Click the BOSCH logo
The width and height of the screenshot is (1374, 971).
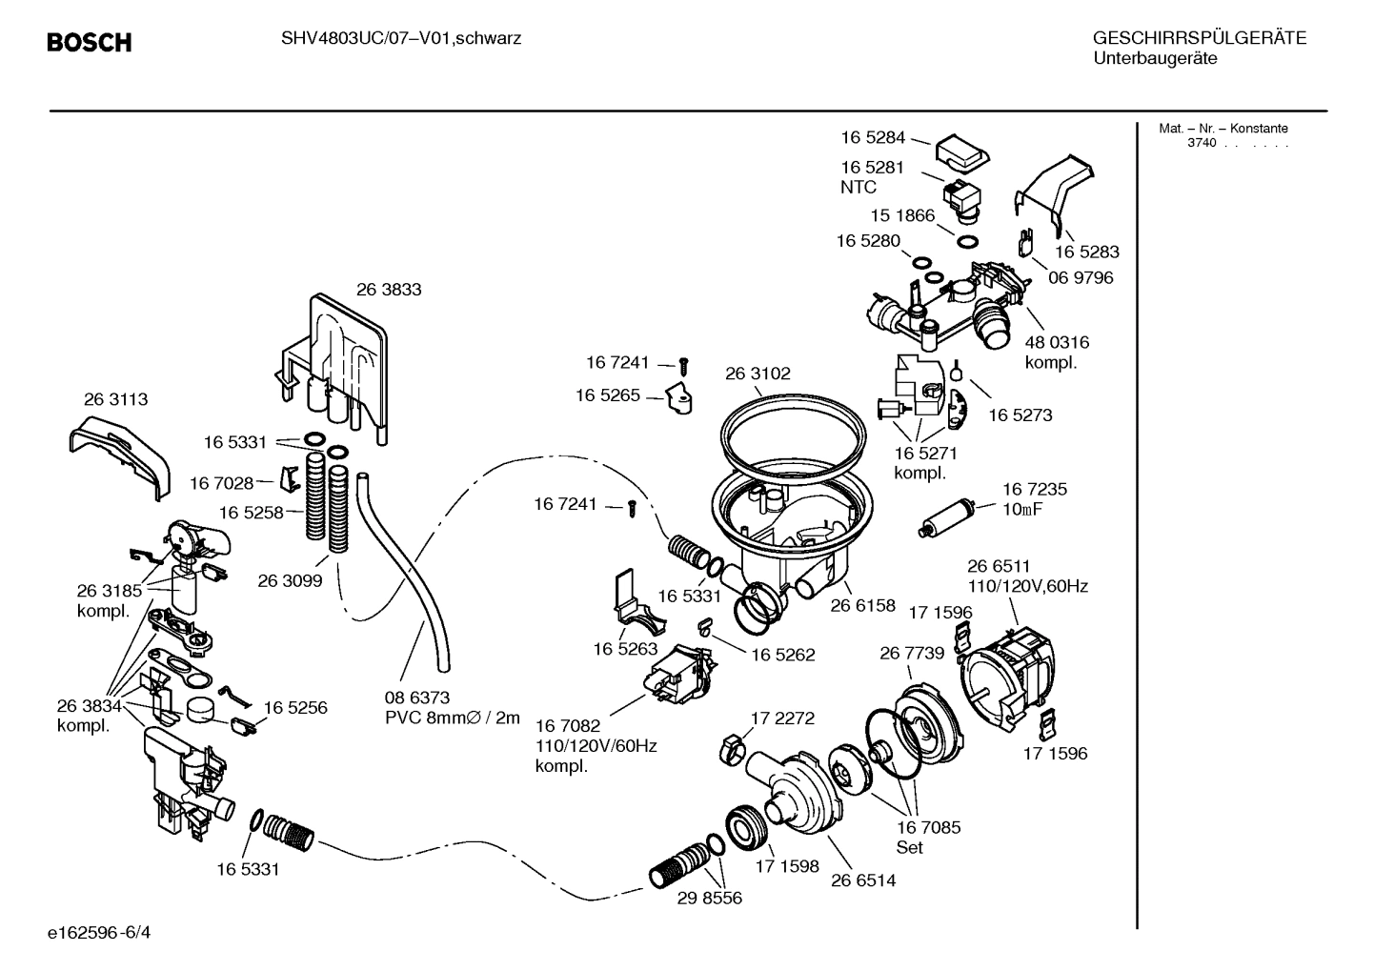(89, 43)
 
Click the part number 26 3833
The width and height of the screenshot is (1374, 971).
(389, 290)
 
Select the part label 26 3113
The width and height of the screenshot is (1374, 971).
(115, 399)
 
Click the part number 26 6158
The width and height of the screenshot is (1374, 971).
(862, 605)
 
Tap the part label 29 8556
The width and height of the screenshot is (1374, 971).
(709, 898)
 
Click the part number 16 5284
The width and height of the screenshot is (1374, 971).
(873, 137)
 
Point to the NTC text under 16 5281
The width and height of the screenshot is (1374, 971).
(859, 188)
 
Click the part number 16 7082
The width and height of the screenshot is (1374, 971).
(568, 726)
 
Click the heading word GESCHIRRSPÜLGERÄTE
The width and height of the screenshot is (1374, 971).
(1199, 39)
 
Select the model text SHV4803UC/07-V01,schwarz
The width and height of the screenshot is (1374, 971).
(401, 39)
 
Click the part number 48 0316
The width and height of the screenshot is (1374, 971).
(1057, 342)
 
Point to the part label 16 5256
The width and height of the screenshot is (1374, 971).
(295, 708)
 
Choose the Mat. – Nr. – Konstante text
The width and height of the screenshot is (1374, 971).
(1223, 129)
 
